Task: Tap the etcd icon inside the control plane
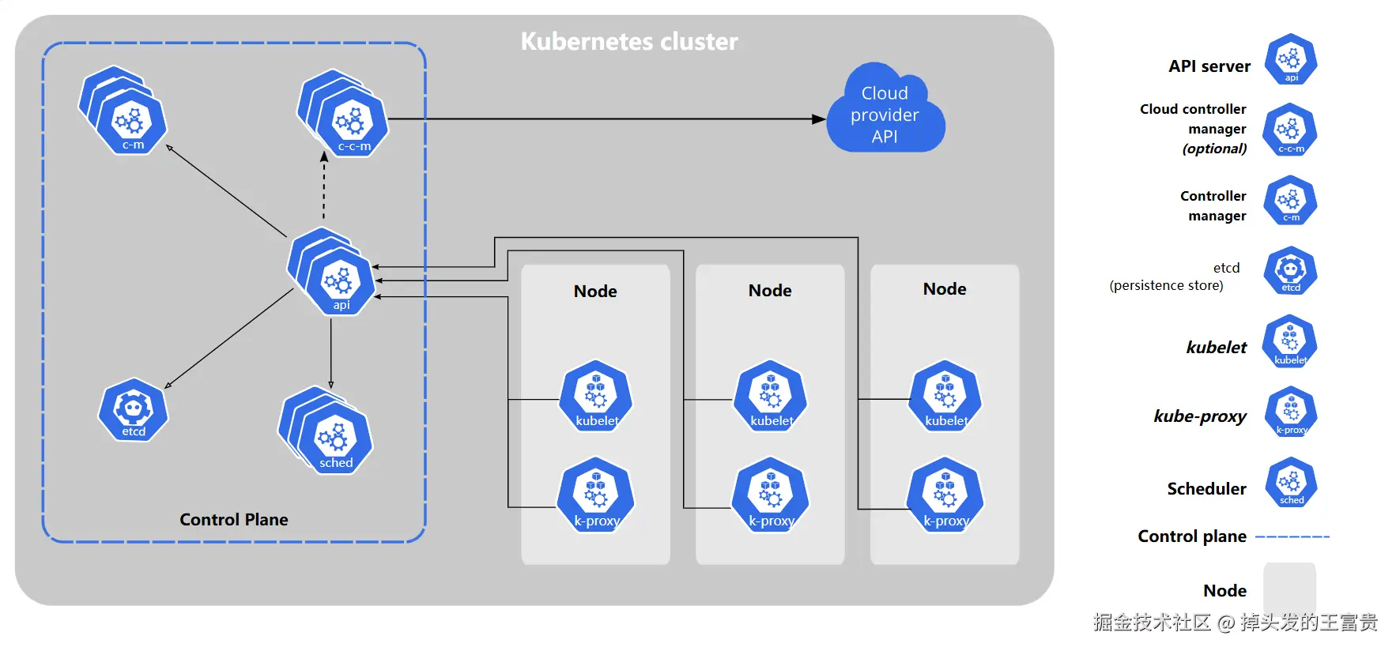(x=133, y=410)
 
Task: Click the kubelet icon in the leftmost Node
(x=596, y=397)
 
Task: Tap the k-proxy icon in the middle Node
(x=771, y=495)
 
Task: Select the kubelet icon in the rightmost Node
(x=945, y=397)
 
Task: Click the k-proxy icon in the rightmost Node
(x=945, y=495)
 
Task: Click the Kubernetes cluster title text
(x=629, y=41)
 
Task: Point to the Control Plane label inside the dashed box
(x=234, y=520)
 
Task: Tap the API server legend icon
(x=1290, y=59)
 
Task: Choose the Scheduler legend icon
(x=1291, y=482)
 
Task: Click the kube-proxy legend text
(x=1200, y=416)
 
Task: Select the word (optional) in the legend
(x=1214, y=149)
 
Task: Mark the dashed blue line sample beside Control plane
(x=1292, y=537)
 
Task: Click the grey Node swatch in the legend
(x=1289, y=588)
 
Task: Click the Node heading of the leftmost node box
(x=595, y=292)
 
